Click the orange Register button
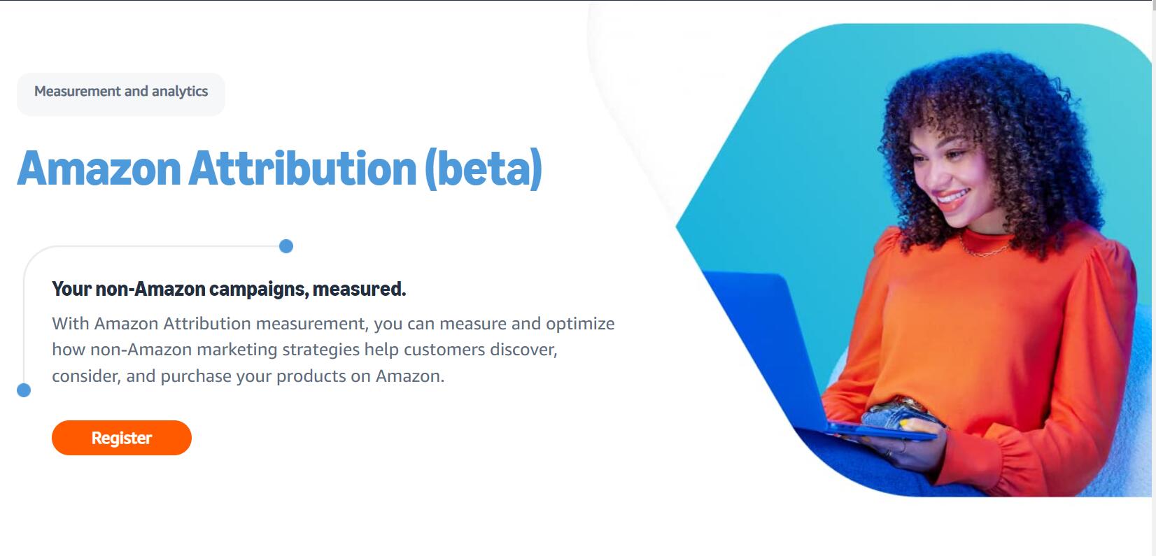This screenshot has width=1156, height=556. pyautogui.click(x=122, y=437)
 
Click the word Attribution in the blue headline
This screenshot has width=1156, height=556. pyautogui.click(x=302, y=169)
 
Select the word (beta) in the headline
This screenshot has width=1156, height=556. pyautogui.click(x=484, y=169)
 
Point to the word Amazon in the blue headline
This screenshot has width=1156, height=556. pyautogui.click(x=99, y=169)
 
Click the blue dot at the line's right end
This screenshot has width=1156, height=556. pyautogui.click(x=286, y=246)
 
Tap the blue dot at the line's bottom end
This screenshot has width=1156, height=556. pyautogui.click(x=24, y=390)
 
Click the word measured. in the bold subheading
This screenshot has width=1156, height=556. pyautogui.click(x=359, y=289)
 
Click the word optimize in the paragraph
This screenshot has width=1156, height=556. pyautogui.click(x=580, y=325)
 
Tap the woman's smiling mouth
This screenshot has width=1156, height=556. pyautogui.click(x=952, y=198)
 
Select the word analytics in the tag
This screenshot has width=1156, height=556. pyautogui.click(x=180, y=92)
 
